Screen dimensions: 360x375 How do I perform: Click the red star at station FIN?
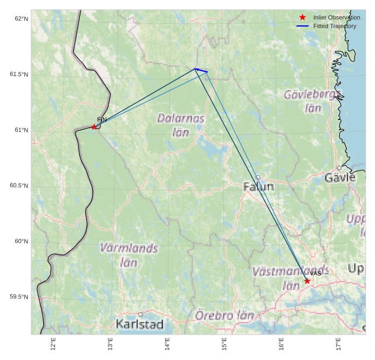(94, 127)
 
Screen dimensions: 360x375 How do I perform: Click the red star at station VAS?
(307, 281)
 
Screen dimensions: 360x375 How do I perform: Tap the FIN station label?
(102, 119)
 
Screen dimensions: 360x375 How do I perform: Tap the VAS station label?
(316, 274)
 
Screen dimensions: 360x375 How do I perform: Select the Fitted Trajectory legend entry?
(335, 26)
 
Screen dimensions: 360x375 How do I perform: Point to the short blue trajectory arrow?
(201, 70)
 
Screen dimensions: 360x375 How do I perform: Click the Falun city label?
(258, 187)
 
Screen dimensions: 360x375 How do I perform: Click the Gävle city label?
(340, 178)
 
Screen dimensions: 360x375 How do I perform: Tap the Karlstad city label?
(139, 324)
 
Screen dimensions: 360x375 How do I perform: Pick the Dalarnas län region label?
(181, 125)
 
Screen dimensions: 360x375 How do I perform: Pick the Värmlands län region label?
(129, 255)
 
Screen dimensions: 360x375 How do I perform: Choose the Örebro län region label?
(224, 315)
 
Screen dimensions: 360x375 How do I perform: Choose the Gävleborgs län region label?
(312, 101)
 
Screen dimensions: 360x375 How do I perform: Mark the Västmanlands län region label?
(290, 277)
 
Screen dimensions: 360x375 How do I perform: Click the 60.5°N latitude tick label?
(19, 186)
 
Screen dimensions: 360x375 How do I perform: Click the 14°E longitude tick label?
(167, 343)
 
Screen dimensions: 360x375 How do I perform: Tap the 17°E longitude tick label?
(338, 343)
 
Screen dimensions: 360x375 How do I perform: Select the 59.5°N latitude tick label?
(19, 297)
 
